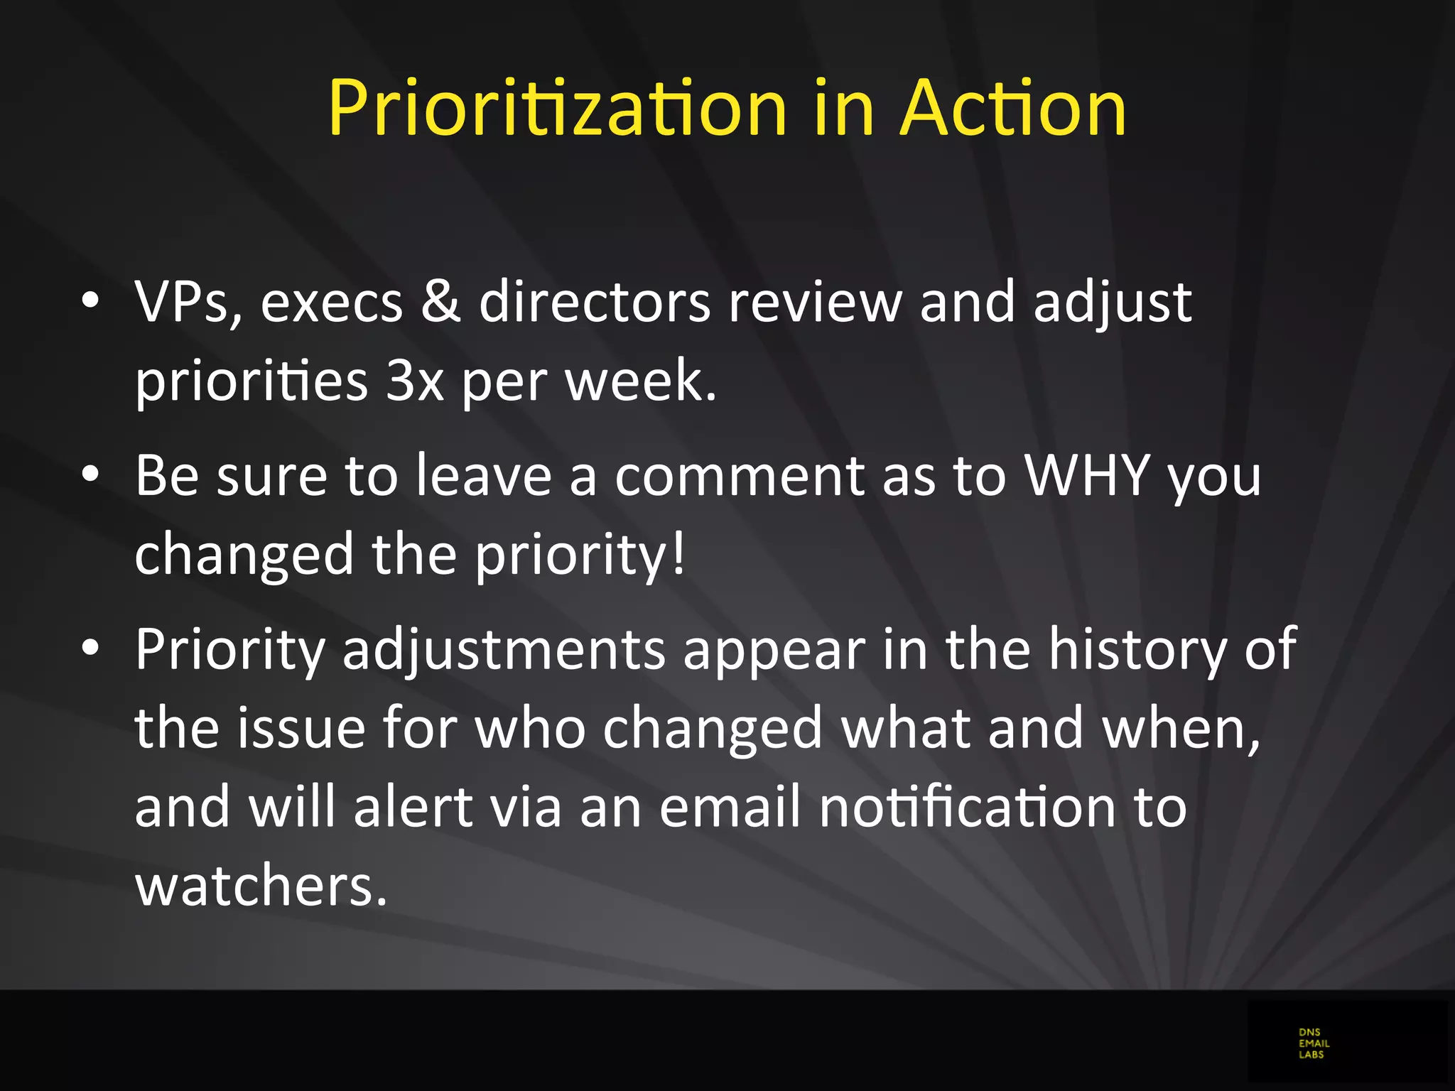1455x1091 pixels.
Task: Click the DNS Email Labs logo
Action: pyautogui.click(x=1313, y=1043)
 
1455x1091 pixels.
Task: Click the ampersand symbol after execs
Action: pyautogui.click(x=440, y=301)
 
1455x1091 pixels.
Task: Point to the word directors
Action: pyautogui.click(x=595, y=301)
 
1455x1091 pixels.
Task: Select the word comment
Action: pyautogui.click(x=739, y=476)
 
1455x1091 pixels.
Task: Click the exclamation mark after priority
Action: pyautogui.click(x=678, y=553)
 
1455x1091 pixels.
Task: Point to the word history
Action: pyautogui.click(x=1137, y=649)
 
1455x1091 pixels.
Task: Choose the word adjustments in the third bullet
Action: pyautogui.click(x=504, y=649)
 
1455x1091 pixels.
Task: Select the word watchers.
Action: pyautogui.click(x=261, y=886)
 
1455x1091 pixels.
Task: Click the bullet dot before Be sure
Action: pyautogui.click(x=90, y=475)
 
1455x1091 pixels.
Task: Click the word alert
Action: pyautogui.click(x=413, y=807)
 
